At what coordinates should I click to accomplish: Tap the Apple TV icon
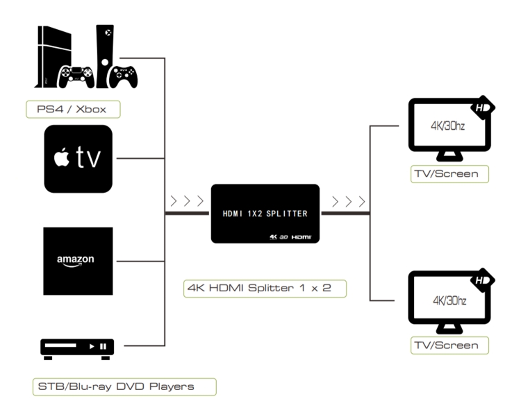78,159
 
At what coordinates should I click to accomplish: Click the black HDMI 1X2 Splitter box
265,213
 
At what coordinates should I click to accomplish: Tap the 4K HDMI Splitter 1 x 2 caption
265,287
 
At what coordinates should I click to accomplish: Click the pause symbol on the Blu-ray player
103,345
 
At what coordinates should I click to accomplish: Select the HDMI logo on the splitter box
301,237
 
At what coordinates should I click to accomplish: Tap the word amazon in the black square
76,260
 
